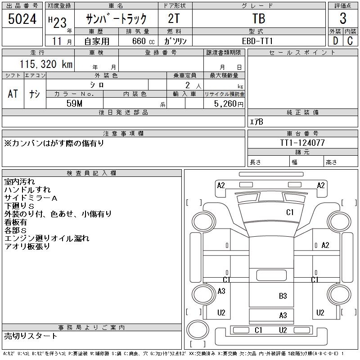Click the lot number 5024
pyautogui.click(x=22, y=19)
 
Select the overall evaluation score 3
pyautogui.click(x=343, y=19)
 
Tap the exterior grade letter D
pyautogui.click(x=335, y=40)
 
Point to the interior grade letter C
pyautogui.click(x=350, y=40)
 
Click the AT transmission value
pyautogui.click(x=13, y=94)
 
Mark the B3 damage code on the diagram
pyautogui.click(x=283, y=296)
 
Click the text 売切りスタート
pyautogui.click(x=31, y=336)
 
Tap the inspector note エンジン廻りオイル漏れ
pyautogui.click(x=47, y=238)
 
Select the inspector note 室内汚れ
pyautogui.click(x=19, y=181)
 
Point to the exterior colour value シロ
pyautogui.click(x=97, y=85)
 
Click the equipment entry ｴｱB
pyautogui.click(x=256, y=121)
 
